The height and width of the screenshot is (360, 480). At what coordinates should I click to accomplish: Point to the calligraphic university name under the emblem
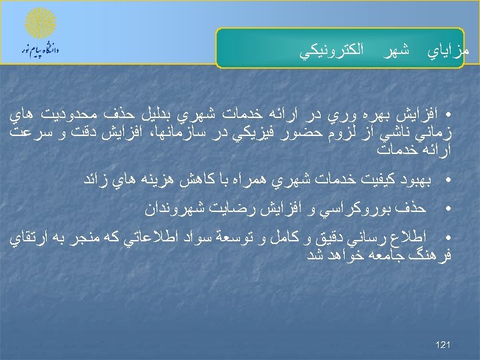(41, 51)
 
